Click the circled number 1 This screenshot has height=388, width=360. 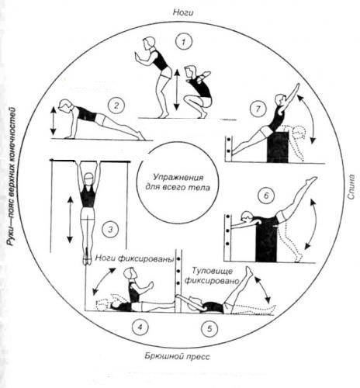tap(183, 42)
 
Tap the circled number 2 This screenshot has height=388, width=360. tap(116, 106)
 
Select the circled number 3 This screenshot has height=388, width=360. tap(110, 229)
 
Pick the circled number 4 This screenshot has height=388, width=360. tap(140, 327)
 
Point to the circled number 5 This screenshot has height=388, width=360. tap(209, 328)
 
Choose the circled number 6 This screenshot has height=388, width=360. tap(266, 196)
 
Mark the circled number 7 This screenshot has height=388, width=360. tap(258, 109)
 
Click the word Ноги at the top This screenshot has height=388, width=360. tap(183, 12)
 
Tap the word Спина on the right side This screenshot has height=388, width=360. tap(351, 187)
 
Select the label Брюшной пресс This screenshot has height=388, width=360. tap(178, 357)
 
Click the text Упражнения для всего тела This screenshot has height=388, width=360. tap(178, 182)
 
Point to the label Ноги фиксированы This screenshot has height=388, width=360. tap(134, 259)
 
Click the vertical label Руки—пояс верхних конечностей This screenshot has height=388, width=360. tap(12, 177)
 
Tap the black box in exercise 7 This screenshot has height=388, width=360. tap(278, 147)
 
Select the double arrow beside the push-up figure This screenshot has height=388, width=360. tap(53, 121)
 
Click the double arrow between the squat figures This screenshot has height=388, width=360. tap(177, 90)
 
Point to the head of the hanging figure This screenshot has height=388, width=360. tap(88, 178)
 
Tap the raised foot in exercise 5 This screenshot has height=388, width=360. tap(249, 271)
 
